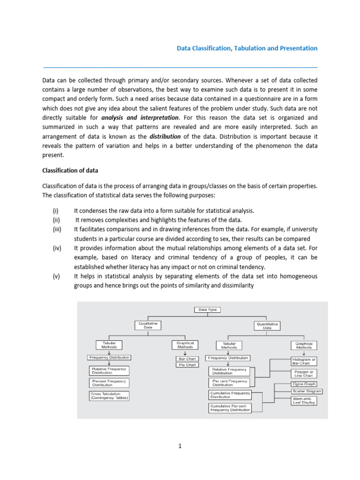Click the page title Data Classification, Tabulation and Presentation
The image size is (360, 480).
247,48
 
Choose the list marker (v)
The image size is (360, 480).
56,276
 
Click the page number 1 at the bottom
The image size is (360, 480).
180,446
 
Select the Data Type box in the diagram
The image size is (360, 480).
207,310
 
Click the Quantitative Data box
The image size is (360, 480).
267,326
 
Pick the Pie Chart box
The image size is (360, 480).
187,365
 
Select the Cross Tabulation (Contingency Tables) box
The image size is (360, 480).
110,396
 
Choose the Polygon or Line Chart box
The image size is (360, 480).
304,374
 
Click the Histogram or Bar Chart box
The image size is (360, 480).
304,361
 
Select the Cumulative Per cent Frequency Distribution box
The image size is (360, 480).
230,408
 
